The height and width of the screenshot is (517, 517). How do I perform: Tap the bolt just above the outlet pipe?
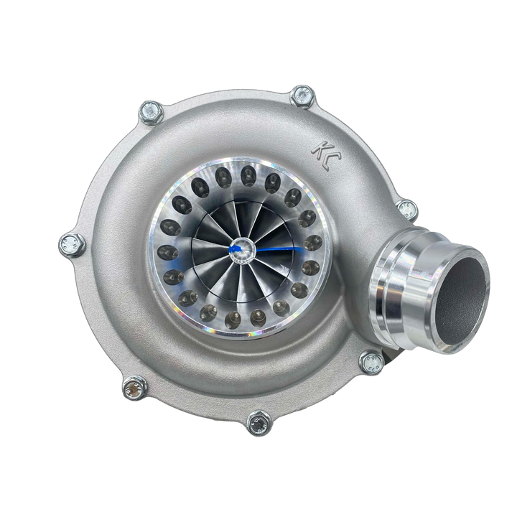click(x=407, y=210)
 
